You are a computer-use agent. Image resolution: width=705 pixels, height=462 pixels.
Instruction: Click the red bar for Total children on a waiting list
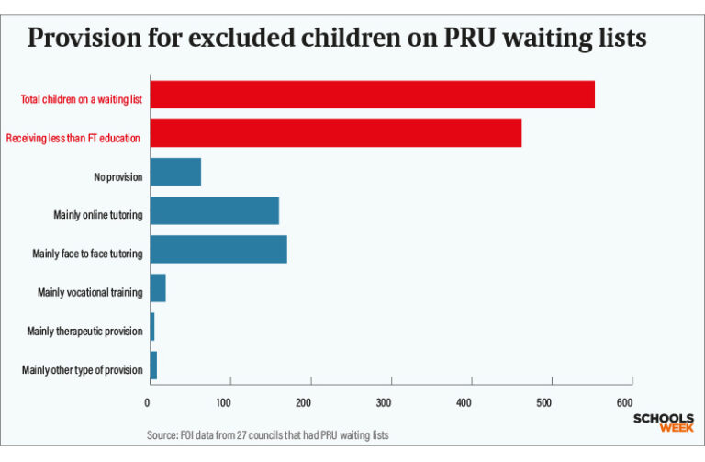[372, 95]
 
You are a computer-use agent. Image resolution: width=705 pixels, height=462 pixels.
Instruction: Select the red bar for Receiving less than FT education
[335, 133]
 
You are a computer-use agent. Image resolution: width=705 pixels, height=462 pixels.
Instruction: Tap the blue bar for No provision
[174, 173]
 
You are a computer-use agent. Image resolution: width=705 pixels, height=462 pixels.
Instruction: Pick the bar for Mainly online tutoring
[214, 211]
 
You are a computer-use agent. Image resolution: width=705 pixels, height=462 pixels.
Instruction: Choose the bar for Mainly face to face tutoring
[218, 250]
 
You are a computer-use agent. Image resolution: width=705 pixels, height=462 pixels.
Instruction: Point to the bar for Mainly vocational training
[157, 288]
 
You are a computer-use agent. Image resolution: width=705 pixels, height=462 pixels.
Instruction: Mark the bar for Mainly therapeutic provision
[151, 327]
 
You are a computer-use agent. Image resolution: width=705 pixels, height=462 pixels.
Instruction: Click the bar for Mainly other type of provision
[152, 366]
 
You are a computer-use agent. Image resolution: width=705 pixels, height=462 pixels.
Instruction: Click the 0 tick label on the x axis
[149, 403]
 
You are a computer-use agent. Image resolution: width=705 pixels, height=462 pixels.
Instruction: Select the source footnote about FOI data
[267, 435]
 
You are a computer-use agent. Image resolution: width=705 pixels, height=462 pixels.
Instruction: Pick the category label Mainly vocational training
[90, 293]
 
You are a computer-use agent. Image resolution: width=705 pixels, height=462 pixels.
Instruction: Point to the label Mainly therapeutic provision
[84, 332]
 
